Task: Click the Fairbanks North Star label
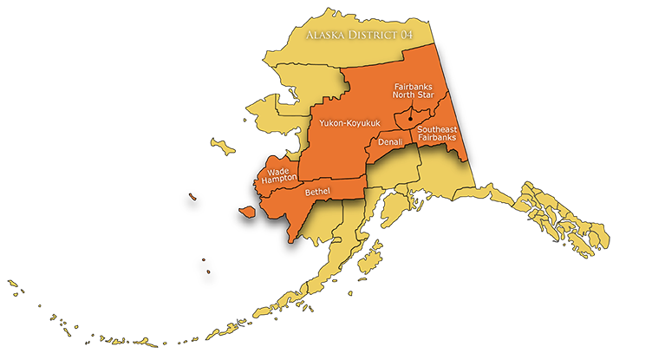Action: pos(414,91)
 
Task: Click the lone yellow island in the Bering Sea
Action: pos(224,148)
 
